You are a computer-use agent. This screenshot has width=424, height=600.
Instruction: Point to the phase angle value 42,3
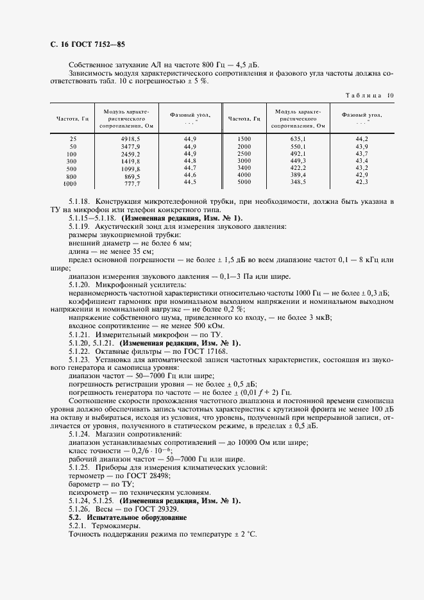362,183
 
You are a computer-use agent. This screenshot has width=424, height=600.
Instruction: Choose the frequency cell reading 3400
244,168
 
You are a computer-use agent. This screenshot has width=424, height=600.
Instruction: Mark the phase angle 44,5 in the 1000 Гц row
189,183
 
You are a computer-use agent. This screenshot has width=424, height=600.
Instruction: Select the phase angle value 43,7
362,154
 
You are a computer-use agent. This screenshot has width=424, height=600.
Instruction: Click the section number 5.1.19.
80,227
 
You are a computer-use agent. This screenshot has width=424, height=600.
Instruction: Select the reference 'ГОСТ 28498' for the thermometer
142,476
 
